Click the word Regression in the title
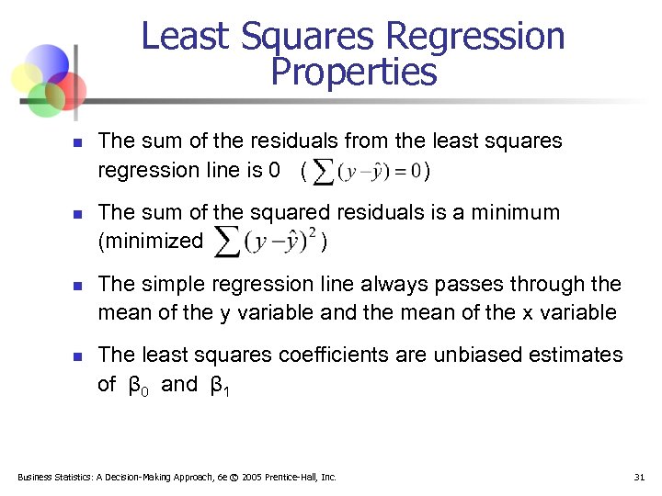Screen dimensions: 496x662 476,37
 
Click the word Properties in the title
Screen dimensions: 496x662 354,72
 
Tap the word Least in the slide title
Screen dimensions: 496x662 183,37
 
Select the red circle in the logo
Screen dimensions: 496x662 68,89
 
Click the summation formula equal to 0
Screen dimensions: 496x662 366,171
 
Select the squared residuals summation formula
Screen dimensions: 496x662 266,242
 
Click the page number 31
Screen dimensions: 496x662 640,477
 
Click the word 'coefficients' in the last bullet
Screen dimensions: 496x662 332,355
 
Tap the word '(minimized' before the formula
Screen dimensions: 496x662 150,242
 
